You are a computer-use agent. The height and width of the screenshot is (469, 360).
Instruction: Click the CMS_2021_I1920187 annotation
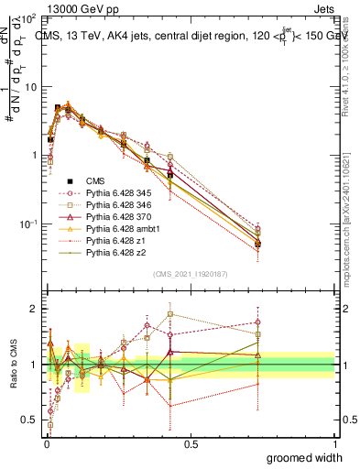click(191, 274)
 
